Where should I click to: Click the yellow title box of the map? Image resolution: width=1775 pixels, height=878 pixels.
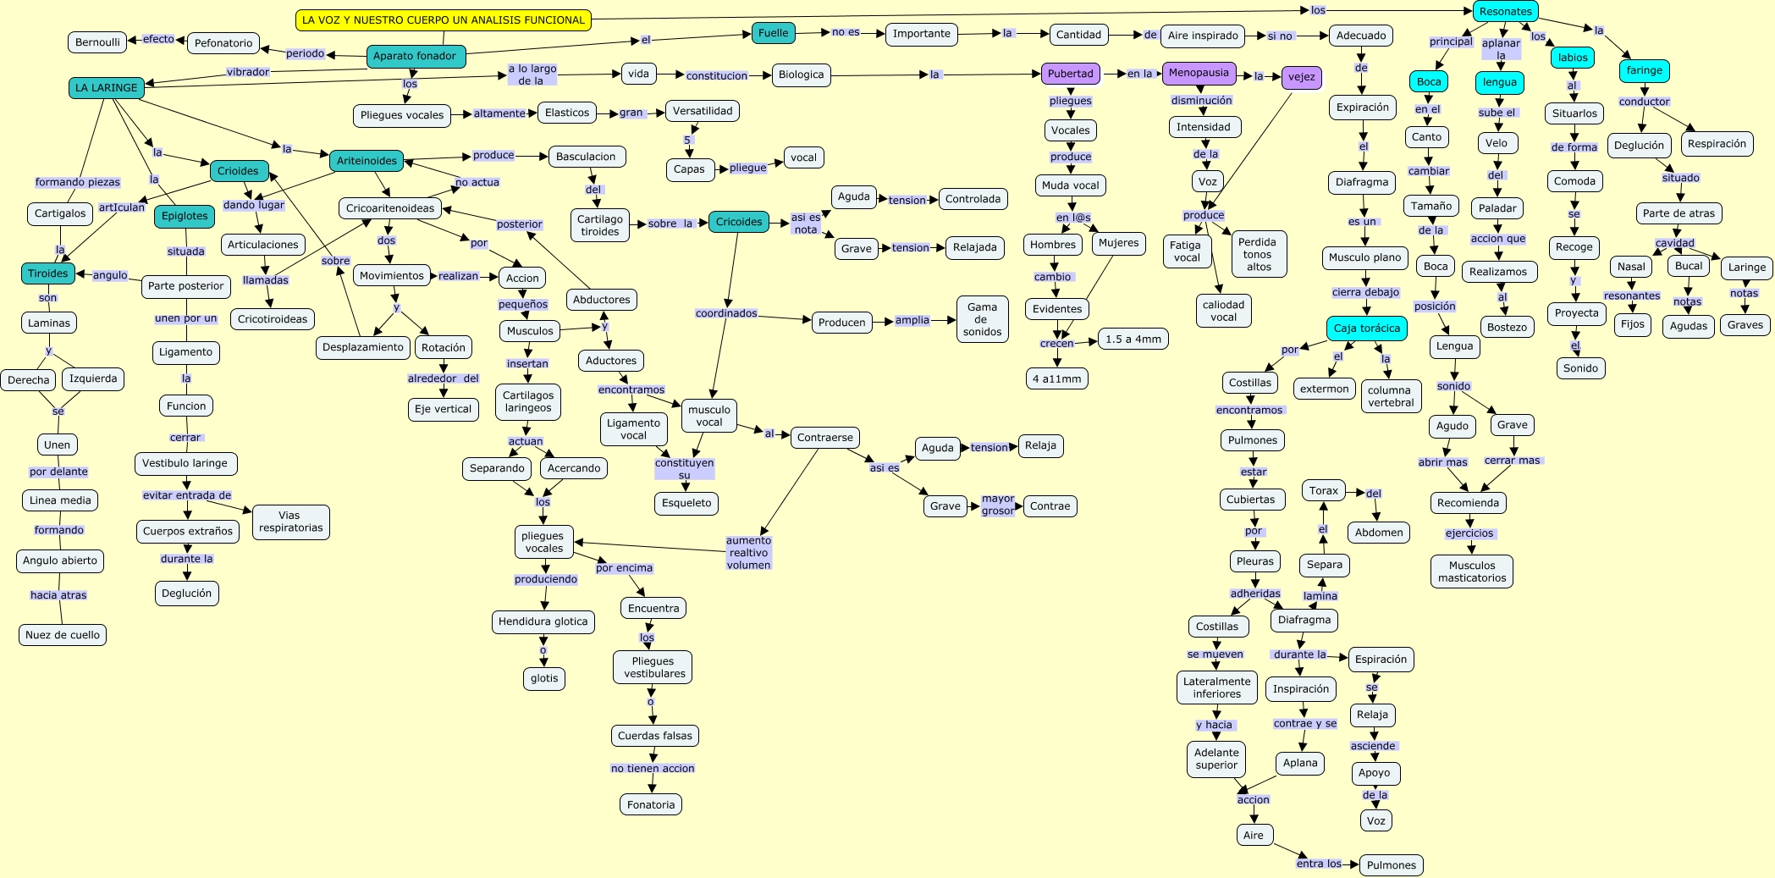pyautogui.click(x=444, y=19)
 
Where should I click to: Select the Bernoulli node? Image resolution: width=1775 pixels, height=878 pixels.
pyautogui.click(x=97, y=42)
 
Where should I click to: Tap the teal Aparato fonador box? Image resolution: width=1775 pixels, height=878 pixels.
pyautogui.click(x=415, y=56)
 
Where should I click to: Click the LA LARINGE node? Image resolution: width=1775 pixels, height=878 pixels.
pyautogui.click(x=106, y=87)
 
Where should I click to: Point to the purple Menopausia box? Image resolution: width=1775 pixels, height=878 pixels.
pyautogui.click(x=1199, y=73)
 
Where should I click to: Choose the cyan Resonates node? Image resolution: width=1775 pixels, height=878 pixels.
pyautogui.click(x=1505, y=11)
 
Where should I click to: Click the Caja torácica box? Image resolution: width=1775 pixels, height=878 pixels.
pyautogui.click(x=1366, y=329)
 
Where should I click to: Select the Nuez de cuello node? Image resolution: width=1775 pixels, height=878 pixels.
pyautogui.click(x=63, y=635)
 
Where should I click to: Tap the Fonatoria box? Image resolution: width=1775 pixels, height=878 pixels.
pyautogui.click(x=651, y=804)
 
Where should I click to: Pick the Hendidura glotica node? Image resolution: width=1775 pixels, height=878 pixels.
pyautogui.click(x=543, y=621)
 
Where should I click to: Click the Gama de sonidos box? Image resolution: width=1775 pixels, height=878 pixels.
pyautogui.click(x=982, y=320)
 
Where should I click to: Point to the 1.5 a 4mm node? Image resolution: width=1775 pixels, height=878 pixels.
pyautogui.click(x=1133, y=339)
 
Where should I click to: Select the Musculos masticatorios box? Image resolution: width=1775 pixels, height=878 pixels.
pyautogui.click(x=1472, y=572)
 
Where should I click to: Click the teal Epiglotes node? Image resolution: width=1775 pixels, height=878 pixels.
pyautogui.click(x=185, y=216)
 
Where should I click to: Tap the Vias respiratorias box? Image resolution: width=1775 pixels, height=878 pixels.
pyautogui.click(x=290, y=522)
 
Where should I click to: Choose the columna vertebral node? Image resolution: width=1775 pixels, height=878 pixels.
pyautogui.click(x=1391, y=396)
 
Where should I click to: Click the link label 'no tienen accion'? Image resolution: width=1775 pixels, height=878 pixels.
pyautogui.click(x=653, y=769)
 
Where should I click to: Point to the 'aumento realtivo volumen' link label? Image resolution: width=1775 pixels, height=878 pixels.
pyautogui.click(x=748, y=553)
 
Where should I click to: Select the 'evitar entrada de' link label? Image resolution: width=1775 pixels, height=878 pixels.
pyautogui.click(x=186, y=495)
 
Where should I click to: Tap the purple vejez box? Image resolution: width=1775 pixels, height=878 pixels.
pyautogui.click(x=1301, y=77)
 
